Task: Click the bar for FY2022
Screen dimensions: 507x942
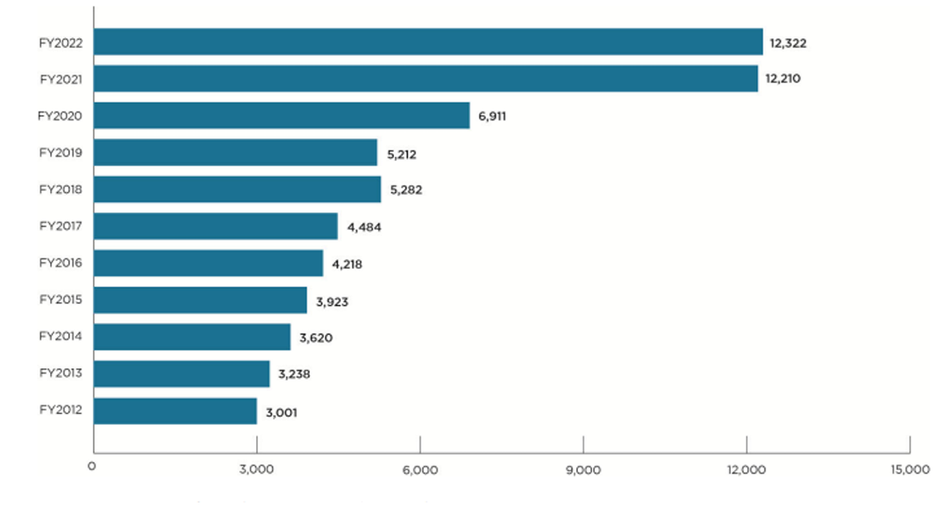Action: [428, 42]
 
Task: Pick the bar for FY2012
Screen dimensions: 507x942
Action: [175, 411]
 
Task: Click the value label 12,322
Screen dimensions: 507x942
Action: [788, 42]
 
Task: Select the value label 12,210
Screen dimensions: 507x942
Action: [783, 79]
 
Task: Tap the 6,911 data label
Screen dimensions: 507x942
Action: [491, 116]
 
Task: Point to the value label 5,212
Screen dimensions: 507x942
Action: [401, 153]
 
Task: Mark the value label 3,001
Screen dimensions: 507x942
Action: [282, 411]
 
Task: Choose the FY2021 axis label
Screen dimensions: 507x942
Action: [61, 79]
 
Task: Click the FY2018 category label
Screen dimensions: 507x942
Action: [61, 189]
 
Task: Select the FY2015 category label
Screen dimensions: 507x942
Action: [61, 300]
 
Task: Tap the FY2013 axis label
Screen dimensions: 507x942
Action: [61, 373]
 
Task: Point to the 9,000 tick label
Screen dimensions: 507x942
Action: [583, 470]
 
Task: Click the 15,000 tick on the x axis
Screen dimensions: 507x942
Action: [909, 470]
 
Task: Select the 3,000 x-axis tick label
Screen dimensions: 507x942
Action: [256, 470]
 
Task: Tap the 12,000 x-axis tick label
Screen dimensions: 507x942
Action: [747, 470]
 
